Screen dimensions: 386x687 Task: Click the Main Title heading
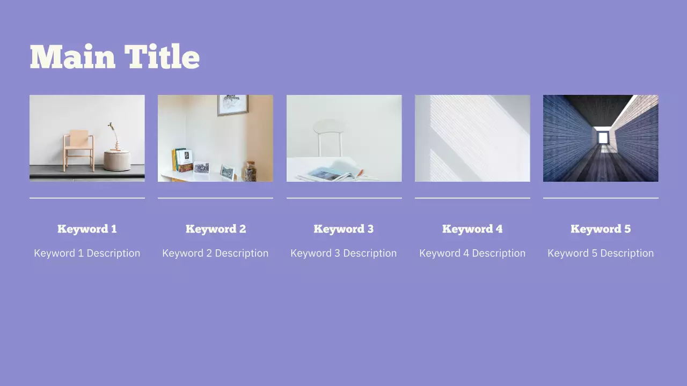(114, 57)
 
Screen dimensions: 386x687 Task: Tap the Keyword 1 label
(87, 229)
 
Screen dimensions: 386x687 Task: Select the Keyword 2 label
(215, 229)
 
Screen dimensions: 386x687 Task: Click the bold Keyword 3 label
(343, 229)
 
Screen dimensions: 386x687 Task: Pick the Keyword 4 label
(472, 229)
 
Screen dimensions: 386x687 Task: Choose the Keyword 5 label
(601, 229)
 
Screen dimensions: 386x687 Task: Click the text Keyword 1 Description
(87, 253)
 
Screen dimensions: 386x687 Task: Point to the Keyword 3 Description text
(343, 253)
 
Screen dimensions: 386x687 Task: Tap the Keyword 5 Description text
(601, 253)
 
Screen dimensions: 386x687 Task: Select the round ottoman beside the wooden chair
(116, 161)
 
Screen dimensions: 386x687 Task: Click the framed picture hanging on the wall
(232, 105)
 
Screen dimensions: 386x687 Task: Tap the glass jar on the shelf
(250, 171)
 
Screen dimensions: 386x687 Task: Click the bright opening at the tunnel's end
(603, 138)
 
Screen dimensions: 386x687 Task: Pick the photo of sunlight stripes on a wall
(472, 138)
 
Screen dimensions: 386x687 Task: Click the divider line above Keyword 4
(472, 198)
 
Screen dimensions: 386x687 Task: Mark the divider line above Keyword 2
(215, 198)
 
